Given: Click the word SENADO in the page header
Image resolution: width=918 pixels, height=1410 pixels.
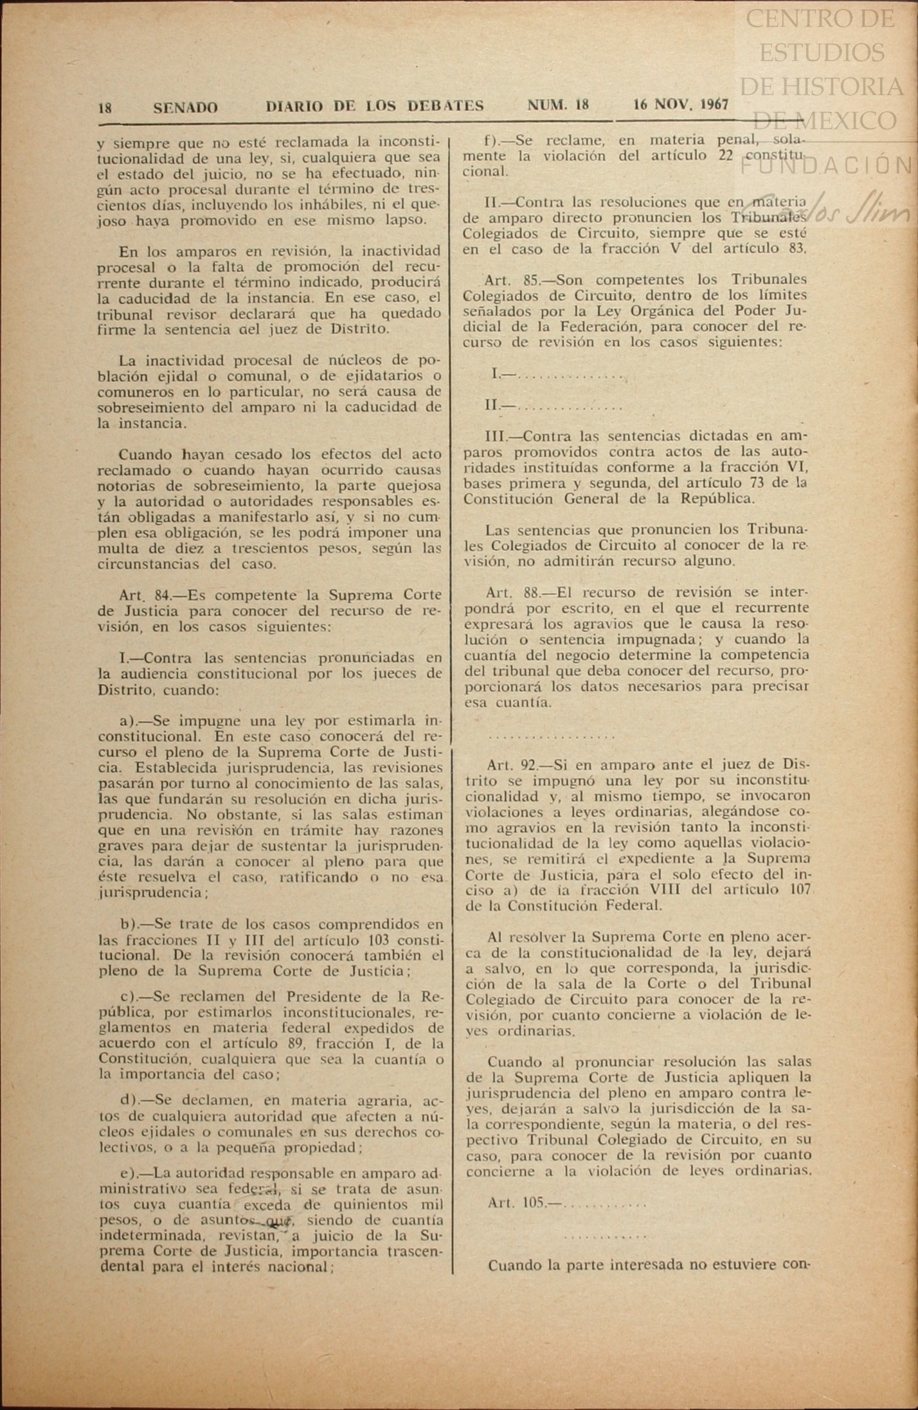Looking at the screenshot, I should tap(185, 107).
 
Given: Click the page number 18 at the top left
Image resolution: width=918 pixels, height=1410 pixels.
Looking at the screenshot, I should tap(105, 108).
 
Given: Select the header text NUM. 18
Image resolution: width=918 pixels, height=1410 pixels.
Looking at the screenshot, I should tap(557, 105).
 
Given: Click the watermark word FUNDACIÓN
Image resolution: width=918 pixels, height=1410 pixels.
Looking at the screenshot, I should tap(825, 165).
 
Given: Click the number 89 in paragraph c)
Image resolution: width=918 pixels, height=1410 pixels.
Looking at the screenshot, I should tap(295, 1043).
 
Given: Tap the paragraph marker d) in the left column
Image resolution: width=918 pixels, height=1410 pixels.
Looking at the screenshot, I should tap(129, 1100).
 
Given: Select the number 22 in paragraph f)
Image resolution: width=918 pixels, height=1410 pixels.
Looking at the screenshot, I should tap(727, 156).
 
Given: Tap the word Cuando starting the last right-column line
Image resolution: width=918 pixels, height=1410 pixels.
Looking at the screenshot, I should tap(516, 1265).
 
